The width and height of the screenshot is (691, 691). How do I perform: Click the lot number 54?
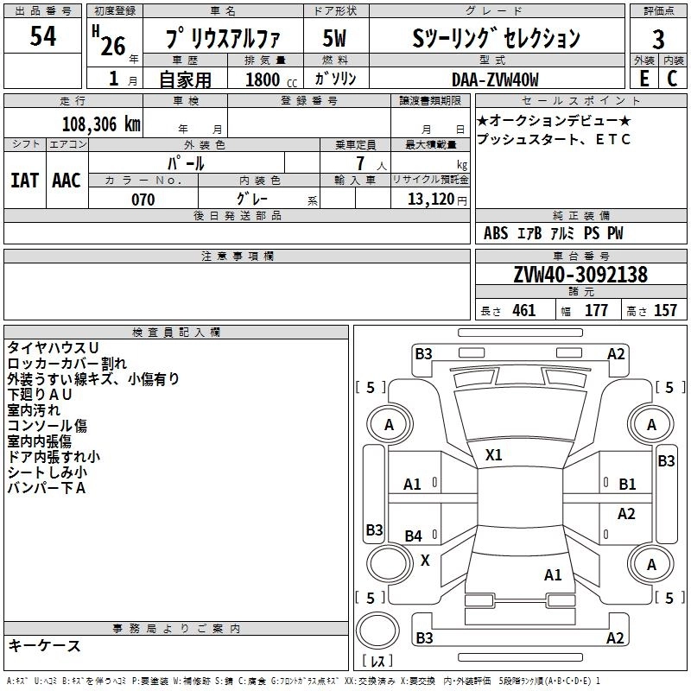[x=43, y=36]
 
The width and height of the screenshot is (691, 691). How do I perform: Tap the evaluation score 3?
[x=658, y=39]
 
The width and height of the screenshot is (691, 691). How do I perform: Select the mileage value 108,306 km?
[x=101, y=124]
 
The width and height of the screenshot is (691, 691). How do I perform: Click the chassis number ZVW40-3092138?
[x=580, y=276]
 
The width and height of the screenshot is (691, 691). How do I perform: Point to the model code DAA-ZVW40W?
[x=495, y=79]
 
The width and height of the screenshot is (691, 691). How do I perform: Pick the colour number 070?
[x=143, y=200]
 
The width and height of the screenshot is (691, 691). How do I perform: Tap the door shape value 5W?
[x=335, y=39]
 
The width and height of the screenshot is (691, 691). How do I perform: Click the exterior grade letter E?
[x=643, y=79]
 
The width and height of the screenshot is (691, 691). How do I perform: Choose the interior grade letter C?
[x=671, y=79]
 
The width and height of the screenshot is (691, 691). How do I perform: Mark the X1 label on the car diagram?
[x=494, y=454]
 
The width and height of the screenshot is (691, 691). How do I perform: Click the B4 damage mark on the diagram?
[x=414, y=536]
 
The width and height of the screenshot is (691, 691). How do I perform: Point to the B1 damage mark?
[x=627, y=485]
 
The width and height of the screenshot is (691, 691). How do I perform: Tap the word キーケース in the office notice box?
[x=44, y=645]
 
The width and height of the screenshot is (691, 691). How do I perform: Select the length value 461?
[x=523, y=311]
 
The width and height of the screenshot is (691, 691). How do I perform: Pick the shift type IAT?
[x=24, y=180]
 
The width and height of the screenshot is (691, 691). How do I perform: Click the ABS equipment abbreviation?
[x=496, y=233]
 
